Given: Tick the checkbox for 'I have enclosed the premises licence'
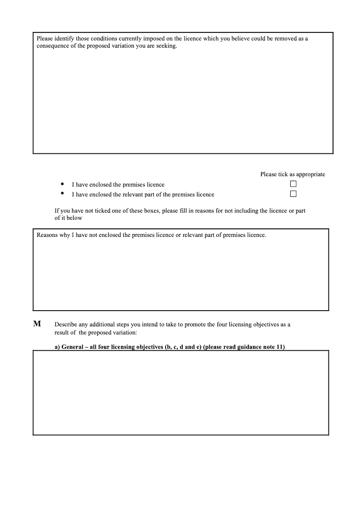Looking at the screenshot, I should (x=293, y=184).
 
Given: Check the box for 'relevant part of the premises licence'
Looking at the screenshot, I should (x=293, y=194).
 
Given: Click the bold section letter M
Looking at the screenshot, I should (x=37, y=324).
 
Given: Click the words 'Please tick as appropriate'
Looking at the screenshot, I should (x=292, y=174).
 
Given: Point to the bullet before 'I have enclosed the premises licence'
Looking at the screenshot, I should (x=62, y=184).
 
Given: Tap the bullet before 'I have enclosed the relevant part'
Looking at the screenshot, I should (x=62, y=194).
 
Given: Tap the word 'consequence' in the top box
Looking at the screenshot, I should (x=52, y=46).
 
